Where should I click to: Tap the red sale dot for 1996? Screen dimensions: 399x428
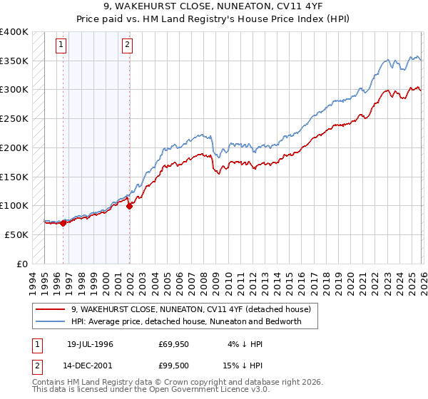[63, 223]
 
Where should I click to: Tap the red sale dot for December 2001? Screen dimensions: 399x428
[130, 206]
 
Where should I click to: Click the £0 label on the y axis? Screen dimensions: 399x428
[21, 264]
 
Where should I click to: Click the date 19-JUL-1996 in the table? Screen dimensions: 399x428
[90, 344]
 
